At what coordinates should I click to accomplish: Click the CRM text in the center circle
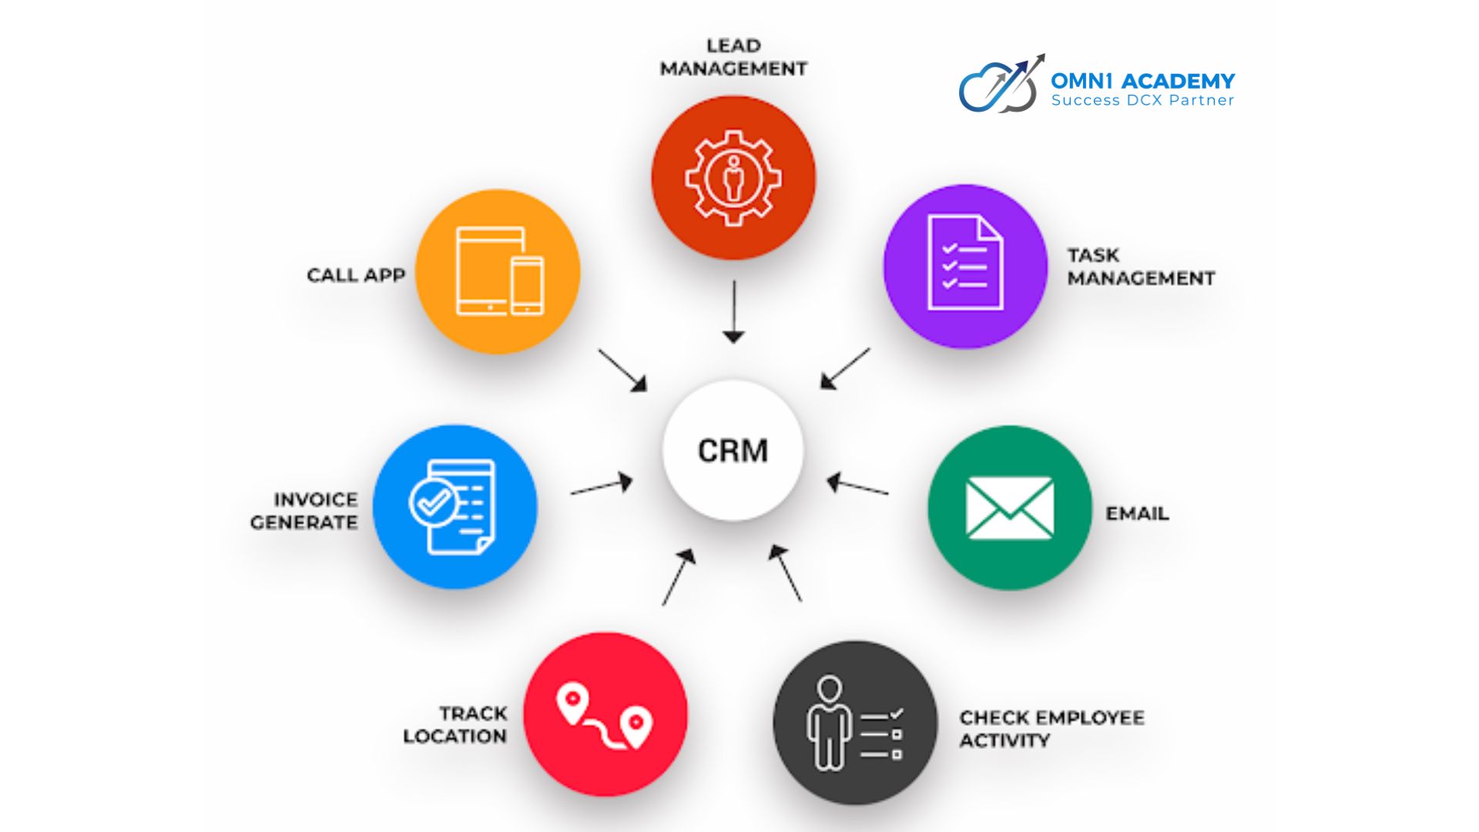[733, 451]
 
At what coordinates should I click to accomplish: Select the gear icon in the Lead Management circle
[733, 178]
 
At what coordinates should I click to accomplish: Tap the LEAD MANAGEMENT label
[733, 58]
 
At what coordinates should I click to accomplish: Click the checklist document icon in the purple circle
[965, 263]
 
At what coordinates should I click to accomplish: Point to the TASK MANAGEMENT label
[1140, 267]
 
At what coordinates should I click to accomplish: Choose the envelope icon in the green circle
[1009, 508]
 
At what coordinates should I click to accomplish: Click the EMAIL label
[1137, 514]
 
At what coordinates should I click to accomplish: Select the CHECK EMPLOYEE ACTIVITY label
[1051, 729]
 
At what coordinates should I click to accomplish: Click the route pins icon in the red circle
[605, 716]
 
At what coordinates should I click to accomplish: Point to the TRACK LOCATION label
[455, 725]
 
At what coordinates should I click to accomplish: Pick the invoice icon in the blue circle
[453, 506]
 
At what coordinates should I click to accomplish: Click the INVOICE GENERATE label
[304, 511]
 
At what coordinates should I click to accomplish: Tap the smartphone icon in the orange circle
[527, 285]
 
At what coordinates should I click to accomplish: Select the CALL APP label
[356, 276]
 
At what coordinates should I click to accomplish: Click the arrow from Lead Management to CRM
[733, 312]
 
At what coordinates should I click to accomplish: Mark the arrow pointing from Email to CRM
[857, 485]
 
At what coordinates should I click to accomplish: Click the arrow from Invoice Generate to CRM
[602, 486]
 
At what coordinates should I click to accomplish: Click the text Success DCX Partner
[1142, 100]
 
